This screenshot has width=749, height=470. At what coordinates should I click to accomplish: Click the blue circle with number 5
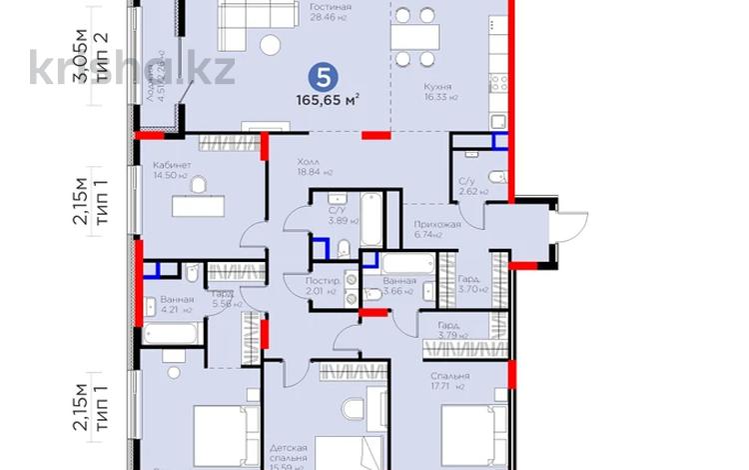[x=320, y=75]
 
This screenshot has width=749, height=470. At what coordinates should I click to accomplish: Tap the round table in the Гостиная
[x=271, y=43]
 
